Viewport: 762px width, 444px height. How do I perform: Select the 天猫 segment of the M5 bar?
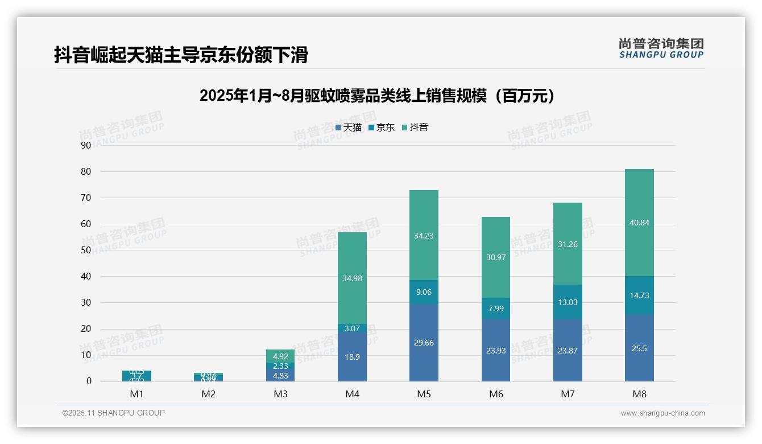pos(424,343)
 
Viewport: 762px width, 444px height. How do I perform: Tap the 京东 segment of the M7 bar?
pos(568,302)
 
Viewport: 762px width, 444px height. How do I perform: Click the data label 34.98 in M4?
pos(352,278)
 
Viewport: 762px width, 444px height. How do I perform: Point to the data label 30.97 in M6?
pos(495,257)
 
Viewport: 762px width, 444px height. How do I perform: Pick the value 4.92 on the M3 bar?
pos(280,357)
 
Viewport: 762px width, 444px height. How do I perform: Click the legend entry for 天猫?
pos(348,128)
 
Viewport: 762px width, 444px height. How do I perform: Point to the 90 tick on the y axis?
pos(86,145)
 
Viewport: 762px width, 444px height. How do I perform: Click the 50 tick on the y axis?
pos(86,250)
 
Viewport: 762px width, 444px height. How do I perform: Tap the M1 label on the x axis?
pos(136,394)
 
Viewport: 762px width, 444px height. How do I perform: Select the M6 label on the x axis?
pos(495,394)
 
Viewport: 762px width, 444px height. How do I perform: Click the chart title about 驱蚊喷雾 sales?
pos(377,96)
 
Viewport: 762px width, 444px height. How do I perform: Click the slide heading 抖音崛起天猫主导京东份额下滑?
pos(181,55)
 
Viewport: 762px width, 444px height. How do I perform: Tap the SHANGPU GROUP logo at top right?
pos(661,48)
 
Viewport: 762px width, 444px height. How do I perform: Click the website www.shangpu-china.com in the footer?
pos(662,413)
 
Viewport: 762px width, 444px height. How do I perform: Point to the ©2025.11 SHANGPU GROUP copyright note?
pos(114,413)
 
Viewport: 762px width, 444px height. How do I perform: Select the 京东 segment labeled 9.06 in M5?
pos(424,292)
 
